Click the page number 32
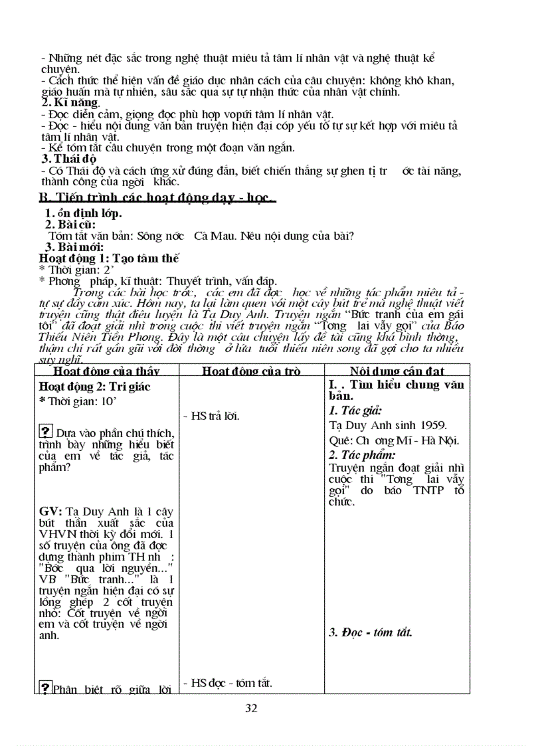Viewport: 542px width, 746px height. click(251, 708)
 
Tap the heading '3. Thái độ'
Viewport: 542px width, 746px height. click(69, 159)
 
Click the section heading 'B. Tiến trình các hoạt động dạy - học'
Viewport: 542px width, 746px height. click(157, 198)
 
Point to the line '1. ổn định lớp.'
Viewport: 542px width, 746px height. click(83, 213)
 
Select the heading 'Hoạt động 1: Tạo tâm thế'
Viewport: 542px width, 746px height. click(109, 258)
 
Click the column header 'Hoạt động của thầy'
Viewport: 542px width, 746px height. click(106, 371)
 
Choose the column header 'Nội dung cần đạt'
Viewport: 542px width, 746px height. click(397, 371)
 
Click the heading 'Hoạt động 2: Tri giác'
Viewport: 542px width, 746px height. click(95, 387)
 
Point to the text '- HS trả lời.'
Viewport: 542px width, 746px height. click(211, 417)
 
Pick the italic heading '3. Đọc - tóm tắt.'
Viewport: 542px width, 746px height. click(371, 632)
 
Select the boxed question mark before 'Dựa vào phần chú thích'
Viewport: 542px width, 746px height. click(46, 432)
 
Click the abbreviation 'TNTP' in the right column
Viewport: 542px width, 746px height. click(429, 491)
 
